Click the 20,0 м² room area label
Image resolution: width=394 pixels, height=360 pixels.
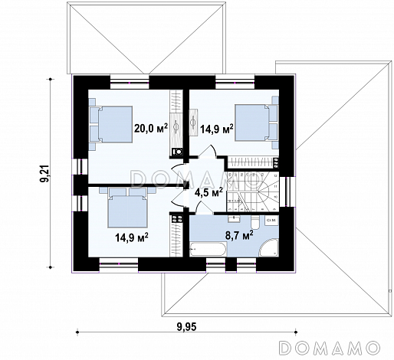[x=151, y=128]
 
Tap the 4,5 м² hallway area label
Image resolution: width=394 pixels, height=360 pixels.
[x=208, y=192]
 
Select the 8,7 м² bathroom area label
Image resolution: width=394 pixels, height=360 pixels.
[x=239, y=235]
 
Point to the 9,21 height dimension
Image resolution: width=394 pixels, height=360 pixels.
[x=45, y=173]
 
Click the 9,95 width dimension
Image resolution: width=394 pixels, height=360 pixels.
[x=186, y=326]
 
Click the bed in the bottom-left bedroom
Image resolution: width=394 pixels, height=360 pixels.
[x=127, y=207]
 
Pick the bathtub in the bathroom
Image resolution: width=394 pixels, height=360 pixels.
[x=208, y=249]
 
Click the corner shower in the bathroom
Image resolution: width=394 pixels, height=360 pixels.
[x=269, y=247]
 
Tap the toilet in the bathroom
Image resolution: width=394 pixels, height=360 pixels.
[x=255, y=222]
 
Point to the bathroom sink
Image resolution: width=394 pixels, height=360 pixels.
[x=233, y=219]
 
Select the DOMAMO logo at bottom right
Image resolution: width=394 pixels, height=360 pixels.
[x=330, y=348]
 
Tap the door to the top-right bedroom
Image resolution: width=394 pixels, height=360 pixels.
[x=208, y=152]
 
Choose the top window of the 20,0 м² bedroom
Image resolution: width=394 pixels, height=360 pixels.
[x=130, y=82]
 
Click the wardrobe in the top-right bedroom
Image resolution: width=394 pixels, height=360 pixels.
[x=251, y=162]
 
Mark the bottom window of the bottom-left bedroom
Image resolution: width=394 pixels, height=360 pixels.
[x=119, y=264]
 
